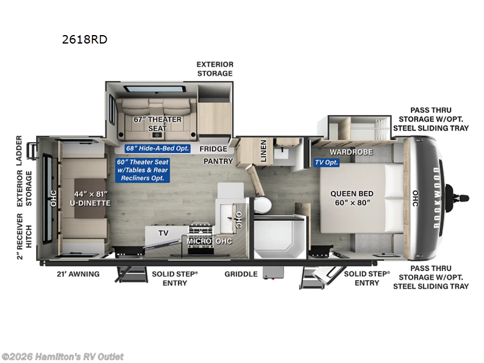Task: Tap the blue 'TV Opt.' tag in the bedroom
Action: (x=326, y=163)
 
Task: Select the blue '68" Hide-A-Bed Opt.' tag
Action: (x=157, y=149)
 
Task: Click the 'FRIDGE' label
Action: (x=213, y=149)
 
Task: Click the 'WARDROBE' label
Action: (x=351, y=152)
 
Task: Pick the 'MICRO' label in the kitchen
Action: (x=198, y=241)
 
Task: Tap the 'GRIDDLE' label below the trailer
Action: (x=241, y=274)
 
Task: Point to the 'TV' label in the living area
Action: (x=163, y=233)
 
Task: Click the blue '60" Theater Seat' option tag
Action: (x=143, y=170)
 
